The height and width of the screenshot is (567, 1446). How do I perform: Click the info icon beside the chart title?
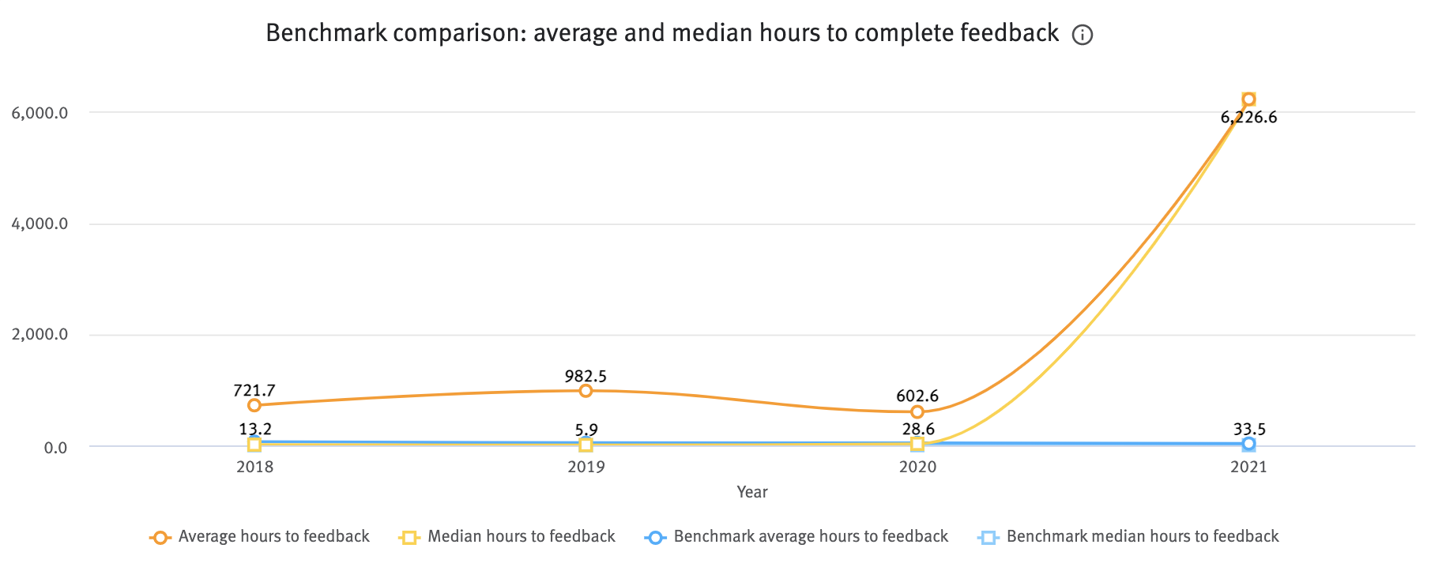[x=1082, y=35]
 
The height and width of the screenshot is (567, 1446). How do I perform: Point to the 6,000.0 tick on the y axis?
[x=40, y=113]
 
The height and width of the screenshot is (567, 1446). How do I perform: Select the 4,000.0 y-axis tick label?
[x=40, y=224]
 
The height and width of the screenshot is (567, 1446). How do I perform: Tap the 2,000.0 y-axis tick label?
[x=40, y=336]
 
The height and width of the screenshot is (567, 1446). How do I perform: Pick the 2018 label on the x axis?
[x=254, y=467]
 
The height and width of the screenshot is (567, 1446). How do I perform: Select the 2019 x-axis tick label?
[x=586, y=467]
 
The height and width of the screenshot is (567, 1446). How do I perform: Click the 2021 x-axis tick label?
[x=1248, y=467]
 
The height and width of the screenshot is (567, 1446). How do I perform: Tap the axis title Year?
[x=751, y=492]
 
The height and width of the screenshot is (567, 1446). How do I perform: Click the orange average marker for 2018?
[x=254, y=405]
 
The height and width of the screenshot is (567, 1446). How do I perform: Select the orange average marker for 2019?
[x=586, y=391]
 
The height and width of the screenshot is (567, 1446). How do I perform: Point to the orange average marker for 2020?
[x=917, y=412]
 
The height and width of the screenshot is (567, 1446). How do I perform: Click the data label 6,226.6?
[x=1248, y=118]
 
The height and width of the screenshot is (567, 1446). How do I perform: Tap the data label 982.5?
[x=586, y=376]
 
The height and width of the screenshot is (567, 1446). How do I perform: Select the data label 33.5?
[x=1249, y=430]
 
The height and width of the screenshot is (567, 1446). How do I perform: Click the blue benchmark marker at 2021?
[x=1248, y=444]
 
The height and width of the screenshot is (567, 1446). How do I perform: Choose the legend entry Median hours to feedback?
[x=521, y=537]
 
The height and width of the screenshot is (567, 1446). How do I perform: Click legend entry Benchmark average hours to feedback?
[x=810, y=537]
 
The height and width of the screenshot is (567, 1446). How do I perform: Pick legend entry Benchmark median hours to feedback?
[x=1142, y=537]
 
